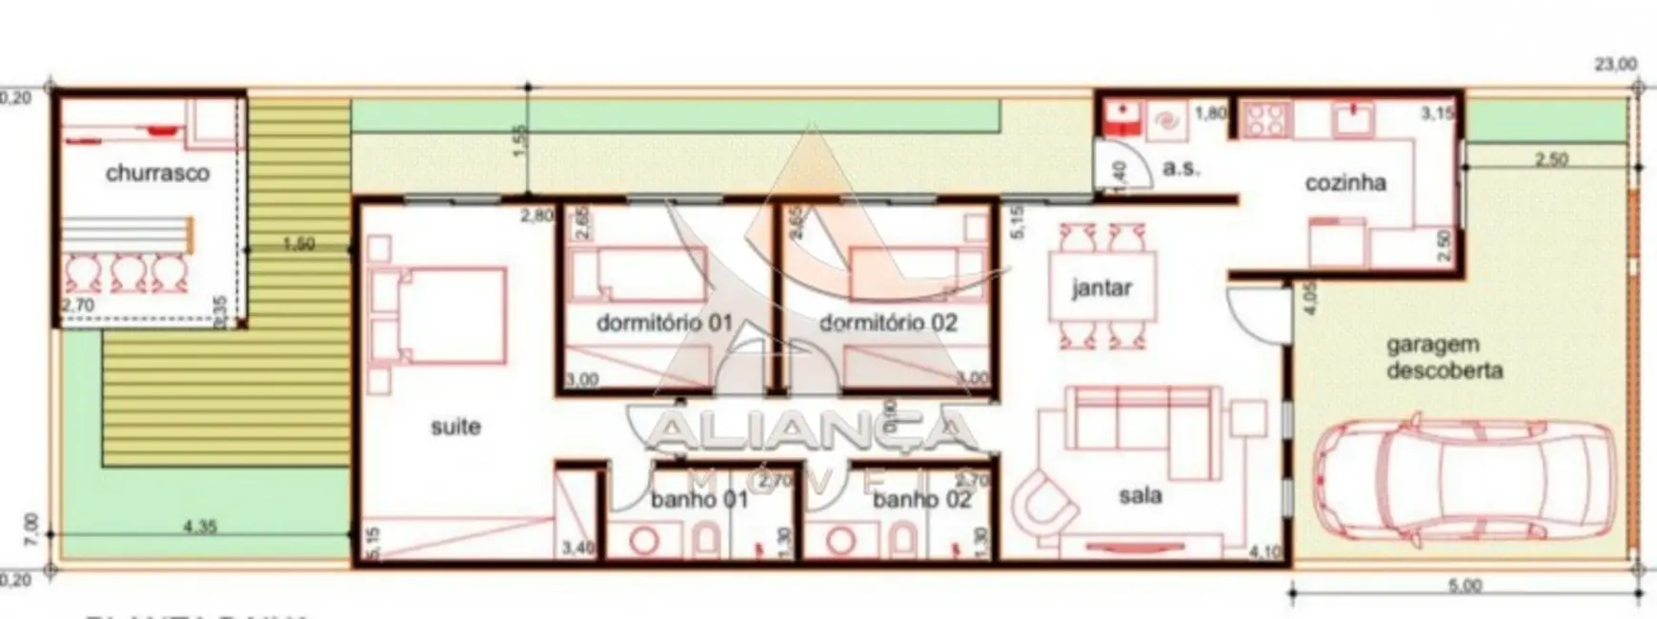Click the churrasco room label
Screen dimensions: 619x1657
click(157, 174)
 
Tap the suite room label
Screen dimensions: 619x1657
click(455, 427)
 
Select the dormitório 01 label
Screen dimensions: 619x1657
click(664, 323)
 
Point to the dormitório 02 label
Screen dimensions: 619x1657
click(888, 323)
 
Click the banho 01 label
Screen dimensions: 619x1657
click(699, 499)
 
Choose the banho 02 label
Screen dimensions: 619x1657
click(921, 499)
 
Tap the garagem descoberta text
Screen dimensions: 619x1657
click(1445, 358)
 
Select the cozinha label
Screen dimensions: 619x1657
click(1345, 183)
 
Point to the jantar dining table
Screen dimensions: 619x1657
click(1101, 288)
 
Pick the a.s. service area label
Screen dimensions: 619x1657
click(1181, 169)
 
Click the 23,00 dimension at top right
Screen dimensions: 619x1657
click(1616, 65)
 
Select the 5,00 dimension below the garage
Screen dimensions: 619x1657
click(1465, 586)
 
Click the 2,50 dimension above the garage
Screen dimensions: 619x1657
click(1550, 159)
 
